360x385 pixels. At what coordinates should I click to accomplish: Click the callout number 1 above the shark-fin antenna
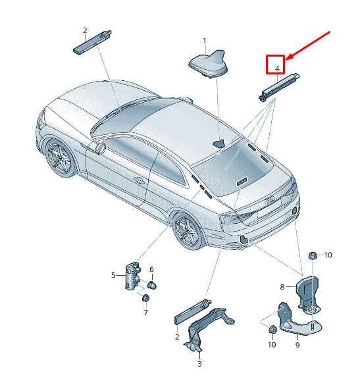click(x=205, y=41)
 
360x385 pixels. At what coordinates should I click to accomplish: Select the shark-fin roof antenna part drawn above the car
click(x=209, y=64)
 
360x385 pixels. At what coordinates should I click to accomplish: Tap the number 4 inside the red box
click(x=277, y=68)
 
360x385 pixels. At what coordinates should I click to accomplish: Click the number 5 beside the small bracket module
click(x=113, y=275)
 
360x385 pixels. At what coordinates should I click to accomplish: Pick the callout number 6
click(x=151, y=270)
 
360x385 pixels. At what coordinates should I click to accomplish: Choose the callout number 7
click(x=146, y=313)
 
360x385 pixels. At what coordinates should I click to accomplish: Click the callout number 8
click(x=282, y=286)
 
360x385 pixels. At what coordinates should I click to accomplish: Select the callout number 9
click(x=297, y=345)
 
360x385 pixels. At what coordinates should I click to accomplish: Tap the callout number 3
click(x=199, y=364)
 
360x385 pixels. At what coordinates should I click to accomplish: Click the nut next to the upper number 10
click(x=313, y=255)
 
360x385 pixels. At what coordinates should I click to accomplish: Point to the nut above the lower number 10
click(x=272, y=329)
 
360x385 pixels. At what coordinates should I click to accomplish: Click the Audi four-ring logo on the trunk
click(x=270, y=200)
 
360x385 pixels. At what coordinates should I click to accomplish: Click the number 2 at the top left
click(x=85, y=30)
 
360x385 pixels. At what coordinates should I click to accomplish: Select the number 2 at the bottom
click(x=177, y=337)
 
